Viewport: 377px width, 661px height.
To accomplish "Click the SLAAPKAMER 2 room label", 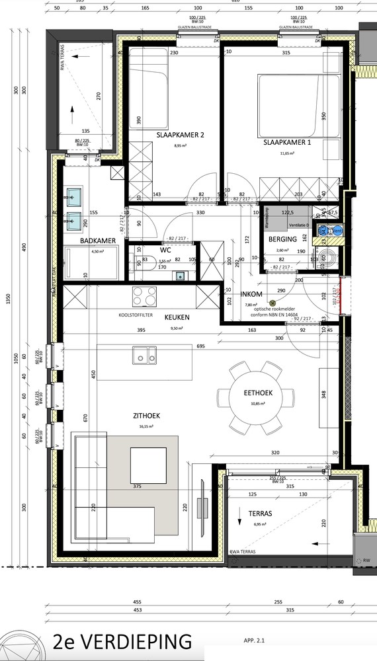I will point(180,135).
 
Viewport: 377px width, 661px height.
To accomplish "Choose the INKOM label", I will point(253,295).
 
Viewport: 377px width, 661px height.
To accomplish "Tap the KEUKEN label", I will point(177,317).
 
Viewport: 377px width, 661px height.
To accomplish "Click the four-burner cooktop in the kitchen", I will point(145,293).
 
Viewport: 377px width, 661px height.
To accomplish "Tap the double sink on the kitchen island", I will point(145,356).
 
